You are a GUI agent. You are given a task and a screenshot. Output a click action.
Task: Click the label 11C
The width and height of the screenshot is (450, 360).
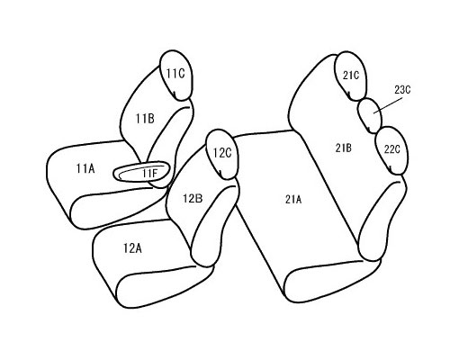[x=175, y=74]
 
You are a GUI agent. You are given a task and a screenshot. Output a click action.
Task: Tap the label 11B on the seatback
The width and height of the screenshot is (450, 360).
[x=145, y=119]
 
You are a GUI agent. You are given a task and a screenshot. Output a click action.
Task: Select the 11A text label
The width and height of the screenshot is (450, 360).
[x=85, y=168]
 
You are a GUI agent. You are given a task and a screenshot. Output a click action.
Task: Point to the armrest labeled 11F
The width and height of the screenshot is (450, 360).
[x=142, y=173]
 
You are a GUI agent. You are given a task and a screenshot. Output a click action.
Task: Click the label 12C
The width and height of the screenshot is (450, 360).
[x=222, y=153]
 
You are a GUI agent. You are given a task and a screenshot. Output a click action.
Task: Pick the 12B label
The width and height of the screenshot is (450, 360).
[x=193, y=198]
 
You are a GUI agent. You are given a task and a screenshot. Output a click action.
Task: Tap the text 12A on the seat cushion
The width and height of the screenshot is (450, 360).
[x=132, y=248]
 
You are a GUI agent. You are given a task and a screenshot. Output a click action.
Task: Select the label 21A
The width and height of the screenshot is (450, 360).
[x=293, y=199]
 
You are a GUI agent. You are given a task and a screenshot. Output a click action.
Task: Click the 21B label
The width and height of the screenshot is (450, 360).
[x=344, y=148]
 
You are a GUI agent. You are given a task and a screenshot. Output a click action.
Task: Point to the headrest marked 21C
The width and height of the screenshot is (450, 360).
[x=350, y=76]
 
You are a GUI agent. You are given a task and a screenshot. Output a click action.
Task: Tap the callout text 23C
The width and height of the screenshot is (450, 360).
[x=402, y=90]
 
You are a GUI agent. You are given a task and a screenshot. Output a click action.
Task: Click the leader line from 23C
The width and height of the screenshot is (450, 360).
[x=388, y=105]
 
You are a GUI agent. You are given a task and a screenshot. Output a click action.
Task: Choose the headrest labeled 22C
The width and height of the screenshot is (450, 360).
[x=392, y=150]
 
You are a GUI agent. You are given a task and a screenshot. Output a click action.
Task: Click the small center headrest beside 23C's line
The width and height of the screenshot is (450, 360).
[x=371, y=116]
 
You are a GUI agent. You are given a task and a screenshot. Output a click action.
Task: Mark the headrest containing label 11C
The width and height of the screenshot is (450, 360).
[x=176, y=75]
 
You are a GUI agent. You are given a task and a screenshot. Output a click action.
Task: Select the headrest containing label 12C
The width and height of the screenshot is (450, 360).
[x=222, y=155]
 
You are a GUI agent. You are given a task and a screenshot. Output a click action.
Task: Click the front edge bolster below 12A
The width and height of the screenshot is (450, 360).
[x=165, y=286]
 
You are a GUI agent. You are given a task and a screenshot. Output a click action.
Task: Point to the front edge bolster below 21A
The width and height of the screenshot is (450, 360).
[x=332, y=281]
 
